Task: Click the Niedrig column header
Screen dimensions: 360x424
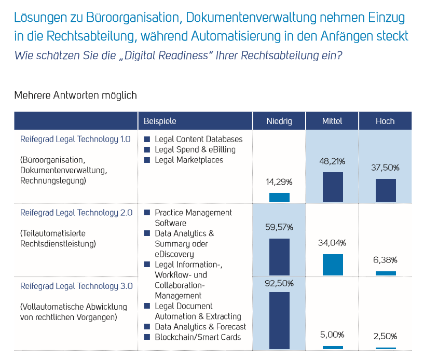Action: click(x=279, y=121)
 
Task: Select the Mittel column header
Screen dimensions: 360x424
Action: click(x=332, y=121)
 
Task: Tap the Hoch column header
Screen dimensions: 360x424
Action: click(x=385, y=121)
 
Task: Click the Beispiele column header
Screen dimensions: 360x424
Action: click(x=160, y=121)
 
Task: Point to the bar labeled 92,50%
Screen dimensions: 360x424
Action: click(x=279, y=320)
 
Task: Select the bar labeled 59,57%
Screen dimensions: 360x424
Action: click(x=279, y=257)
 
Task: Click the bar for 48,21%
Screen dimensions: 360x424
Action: click(x=333, y=187)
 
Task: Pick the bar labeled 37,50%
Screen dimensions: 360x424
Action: click(x=386, y=190)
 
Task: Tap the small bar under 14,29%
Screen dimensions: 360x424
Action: click(x=279, y=197)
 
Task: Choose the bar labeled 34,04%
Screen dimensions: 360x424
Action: click(x=333, y=265)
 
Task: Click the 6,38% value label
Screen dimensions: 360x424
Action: click(x=386, y=260)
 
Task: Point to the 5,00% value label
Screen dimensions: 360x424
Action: click(x=333, y=335)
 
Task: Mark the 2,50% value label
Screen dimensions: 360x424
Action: click(x=386, y=336)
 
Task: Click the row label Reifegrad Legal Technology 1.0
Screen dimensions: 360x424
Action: click(x=75, y=139)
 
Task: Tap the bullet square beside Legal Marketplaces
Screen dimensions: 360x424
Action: click(x=147, y=160)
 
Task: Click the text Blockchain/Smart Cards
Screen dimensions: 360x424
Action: click(x=198, y=337)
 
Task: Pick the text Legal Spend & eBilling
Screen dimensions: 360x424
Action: click(x=195, y=149)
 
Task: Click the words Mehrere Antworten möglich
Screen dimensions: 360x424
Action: click(x=75, y=95)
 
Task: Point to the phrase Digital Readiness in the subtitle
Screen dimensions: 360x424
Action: click(x=161, y=56)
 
